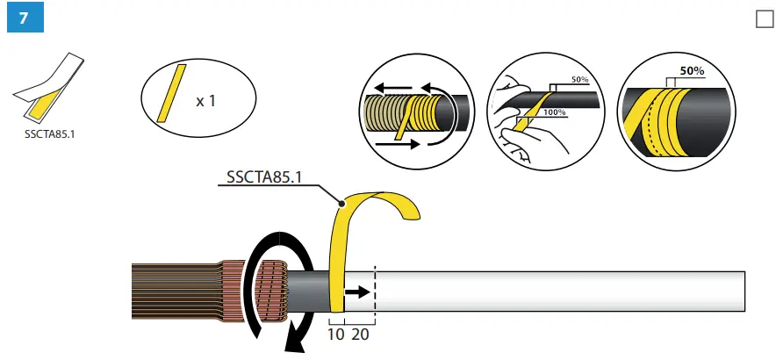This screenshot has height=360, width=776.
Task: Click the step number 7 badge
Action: click(23, 20)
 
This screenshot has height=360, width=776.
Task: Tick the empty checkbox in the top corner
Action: click(764, 19)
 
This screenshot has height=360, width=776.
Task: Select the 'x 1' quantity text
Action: click(206, 101)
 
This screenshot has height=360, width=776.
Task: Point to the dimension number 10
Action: click(335, 334)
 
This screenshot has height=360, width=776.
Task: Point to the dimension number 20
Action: click(360, 334)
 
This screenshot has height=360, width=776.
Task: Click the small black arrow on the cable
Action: click(356, 293)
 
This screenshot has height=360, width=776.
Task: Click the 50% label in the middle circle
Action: click(580, 80)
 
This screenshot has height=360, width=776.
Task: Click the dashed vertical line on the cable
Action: click(376, 294)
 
